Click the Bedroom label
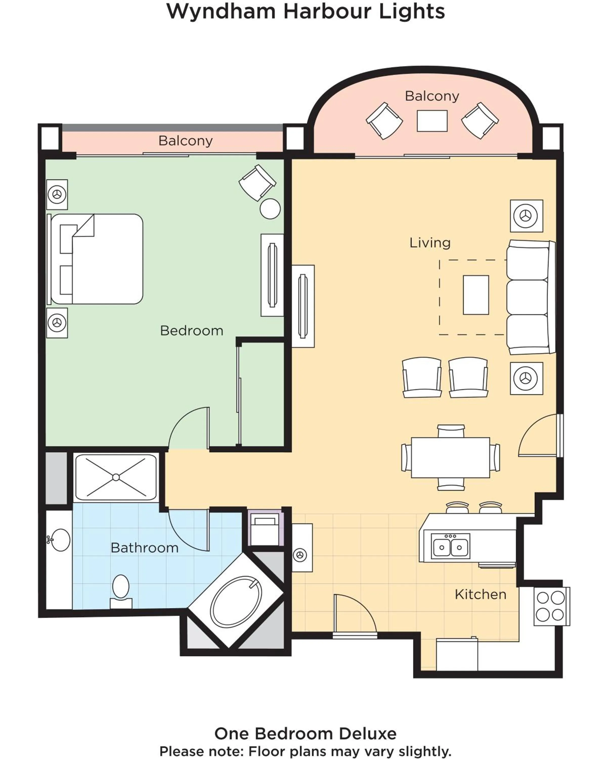191,331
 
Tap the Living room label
430,243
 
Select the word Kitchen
481,594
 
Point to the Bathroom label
144,548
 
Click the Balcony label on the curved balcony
432,96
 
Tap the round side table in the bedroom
270,209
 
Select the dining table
450,457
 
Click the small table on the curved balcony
432,121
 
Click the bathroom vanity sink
60,540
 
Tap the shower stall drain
116,477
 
